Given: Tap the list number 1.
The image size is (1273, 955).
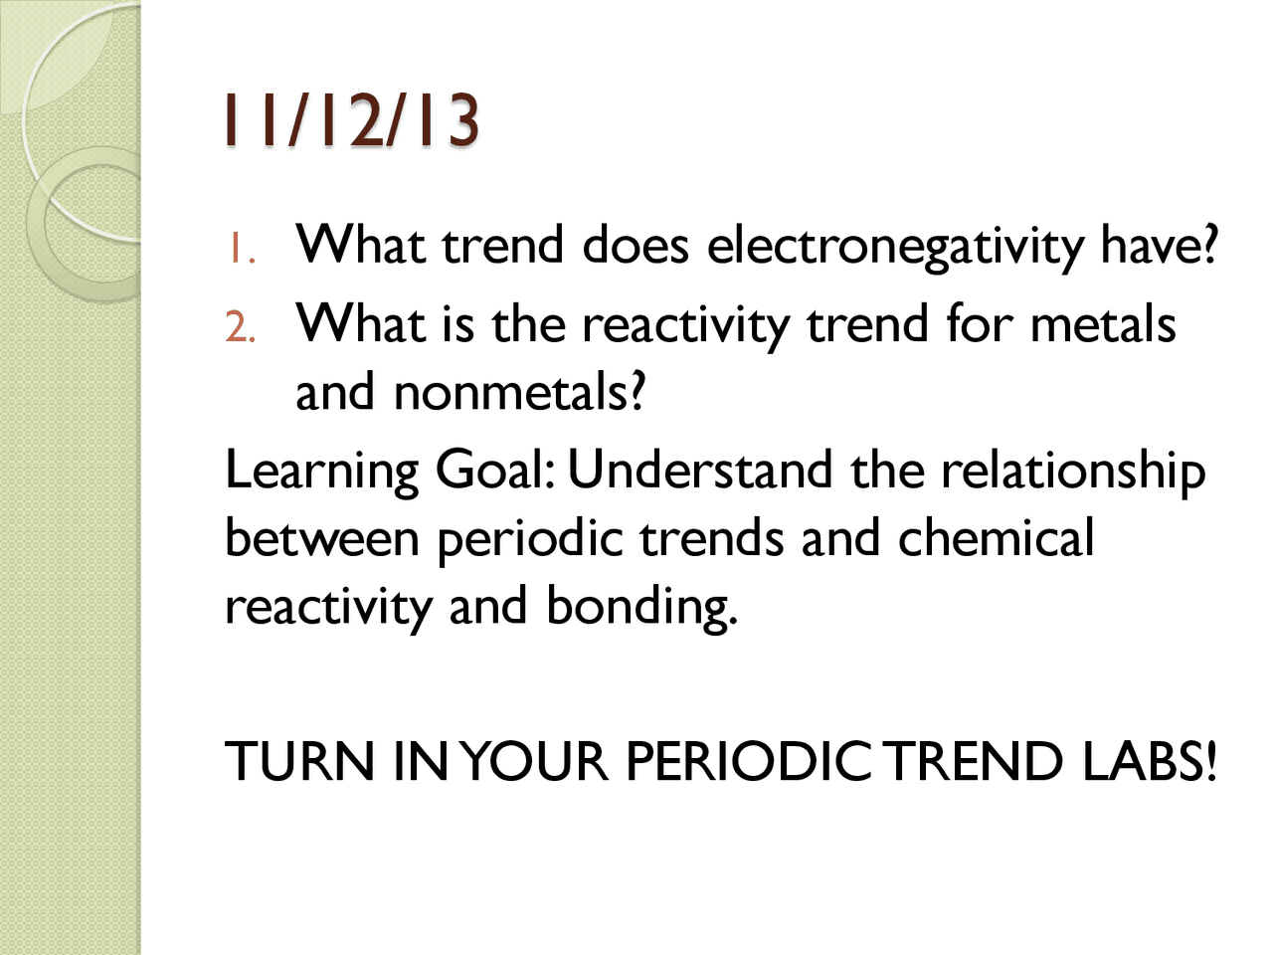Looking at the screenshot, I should pyautogui.click(x=241, y=249).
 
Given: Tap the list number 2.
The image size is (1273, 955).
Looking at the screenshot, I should pyautogui.click(x=241, y=327).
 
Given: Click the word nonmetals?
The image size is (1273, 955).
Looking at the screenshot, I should pyautogui.click(x=520, y=392).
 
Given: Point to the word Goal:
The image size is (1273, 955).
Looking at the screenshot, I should pyautogui.click(x=494, y=470).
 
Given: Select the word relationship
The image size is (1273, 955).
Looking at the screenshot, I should pyautogui.click(x=1074, y=470).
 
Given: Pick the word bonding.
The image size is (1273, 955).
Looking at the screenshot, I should pyautogui.click(x=641, y=607).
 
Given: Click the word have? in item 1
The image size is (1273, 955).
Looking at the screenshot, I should pyautogui.click(x=1159, y=245).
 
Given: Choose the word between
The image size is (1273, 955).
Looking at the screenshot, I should pyautogui.click(x=322, y=538).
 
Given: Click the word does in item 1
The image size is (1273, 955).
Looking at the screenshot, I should pyautogui.click(x=636, y=245).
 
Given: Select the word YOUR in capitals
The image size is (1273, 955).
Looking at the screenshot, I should pyautogui.click(x=535, y=762).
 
